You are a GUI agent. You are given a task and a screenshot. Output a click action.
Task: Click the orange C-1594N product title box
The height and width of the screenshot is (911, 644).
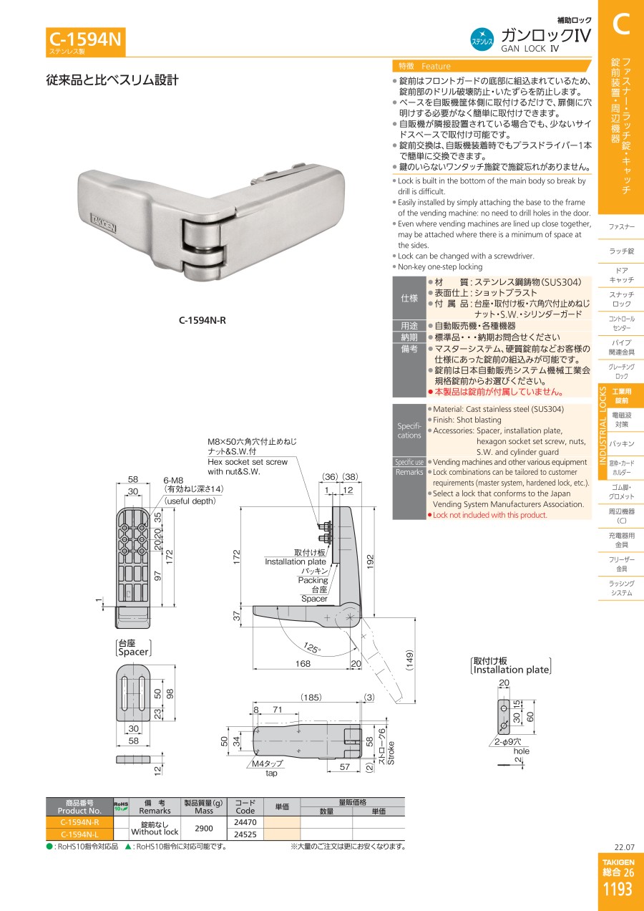tap(86, 42)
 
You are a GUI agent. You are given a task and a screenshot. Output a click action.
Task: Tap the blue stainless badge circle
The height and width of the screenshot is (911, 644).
tap(482, 39)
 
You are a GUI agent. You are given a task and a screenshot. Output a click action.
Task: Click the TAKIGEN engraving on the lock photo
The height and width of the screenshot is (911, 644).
tap(103, 223)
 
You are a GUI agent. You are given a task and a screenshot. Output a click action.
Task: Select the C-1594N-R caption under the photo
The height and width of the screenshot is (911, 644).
tap(203, 320)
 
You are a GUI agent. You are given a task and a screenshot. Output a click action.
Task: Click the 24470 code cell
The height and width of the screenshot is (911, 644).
tap(245, 822)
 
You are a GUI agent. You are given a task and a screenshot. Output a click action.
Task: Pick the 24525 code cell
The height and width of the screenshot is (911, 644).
tap(245, 834)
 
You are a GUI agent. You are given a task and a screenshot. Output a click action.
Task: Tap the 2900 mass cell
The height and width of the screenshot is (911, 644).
tap(203, 829)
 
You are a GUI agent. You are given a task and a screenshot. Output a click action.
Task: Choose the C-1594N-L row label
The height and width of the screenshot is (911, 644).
tap(79, 834)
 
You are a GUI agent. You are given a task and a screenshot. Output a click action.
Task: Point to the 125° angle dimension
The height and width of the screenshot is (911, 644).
tap(312, 647)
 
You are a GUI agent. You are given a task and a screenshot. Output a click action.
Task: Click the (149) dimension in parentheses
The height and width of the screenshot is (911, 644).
tap(409, 660)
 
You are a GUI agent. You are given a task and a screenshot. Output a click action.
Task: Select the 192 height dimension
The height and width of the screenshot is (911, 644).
tap(370, 561)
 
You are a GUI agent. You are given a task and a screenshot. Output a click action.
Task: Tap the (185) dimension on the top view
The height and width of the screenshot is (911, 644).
tap(311, 697)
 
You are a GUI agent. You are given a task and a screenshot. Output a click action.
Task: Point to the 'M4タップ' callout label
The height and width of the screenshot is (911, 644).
tap(267, 763)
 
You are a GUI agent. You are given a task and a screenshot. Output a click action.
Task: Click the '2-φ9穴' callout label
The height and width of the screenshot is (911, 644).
tap(508, 742)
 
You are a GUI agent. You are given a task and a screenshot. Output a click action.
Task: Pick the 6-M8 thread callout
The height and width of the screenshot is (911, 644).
tap(173, 481)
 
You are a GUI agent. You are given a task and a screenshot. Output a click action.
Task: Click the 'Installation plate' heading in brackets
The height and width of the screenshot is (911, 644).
tap(511, 670)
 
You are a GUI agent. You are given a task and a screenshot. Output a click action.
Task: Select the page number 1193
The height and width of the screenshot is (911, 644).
tap(618, 889)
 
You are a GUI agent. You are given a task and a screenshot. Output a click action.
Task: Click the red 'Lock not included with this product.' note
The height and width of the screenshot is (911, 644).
tap(490, 515)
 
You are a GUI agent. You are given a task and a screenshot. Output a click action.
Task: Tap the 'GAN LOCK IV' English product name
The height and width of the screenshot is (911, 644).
tap(530, 49)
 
